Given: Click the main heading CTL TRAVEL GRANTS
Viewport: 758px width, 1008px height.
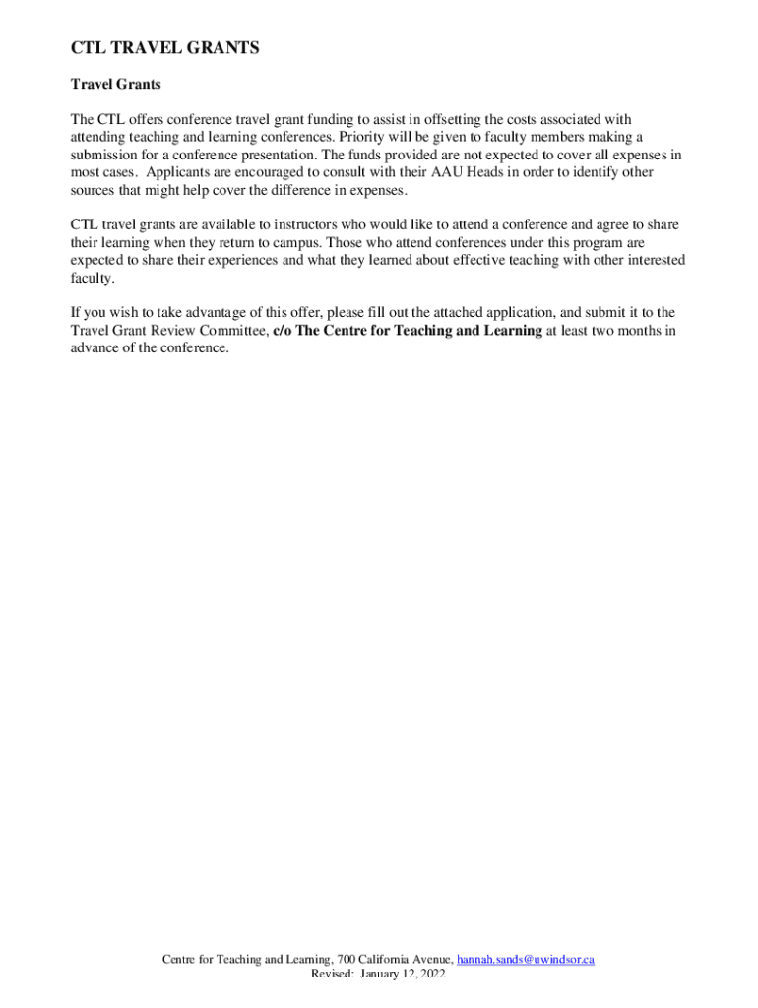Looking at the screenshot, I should click(x=164, y=48).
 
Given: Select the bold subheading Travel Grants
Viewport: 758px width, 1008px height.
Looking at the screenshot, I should click(x=115, y=85).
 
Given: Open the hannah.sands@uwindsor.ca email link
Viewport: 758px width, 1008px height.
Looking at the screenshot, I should click(x=527, y=959).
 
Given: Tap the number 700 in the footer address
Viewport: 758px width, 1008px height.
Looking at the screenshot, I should click(x=347, y=959).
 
